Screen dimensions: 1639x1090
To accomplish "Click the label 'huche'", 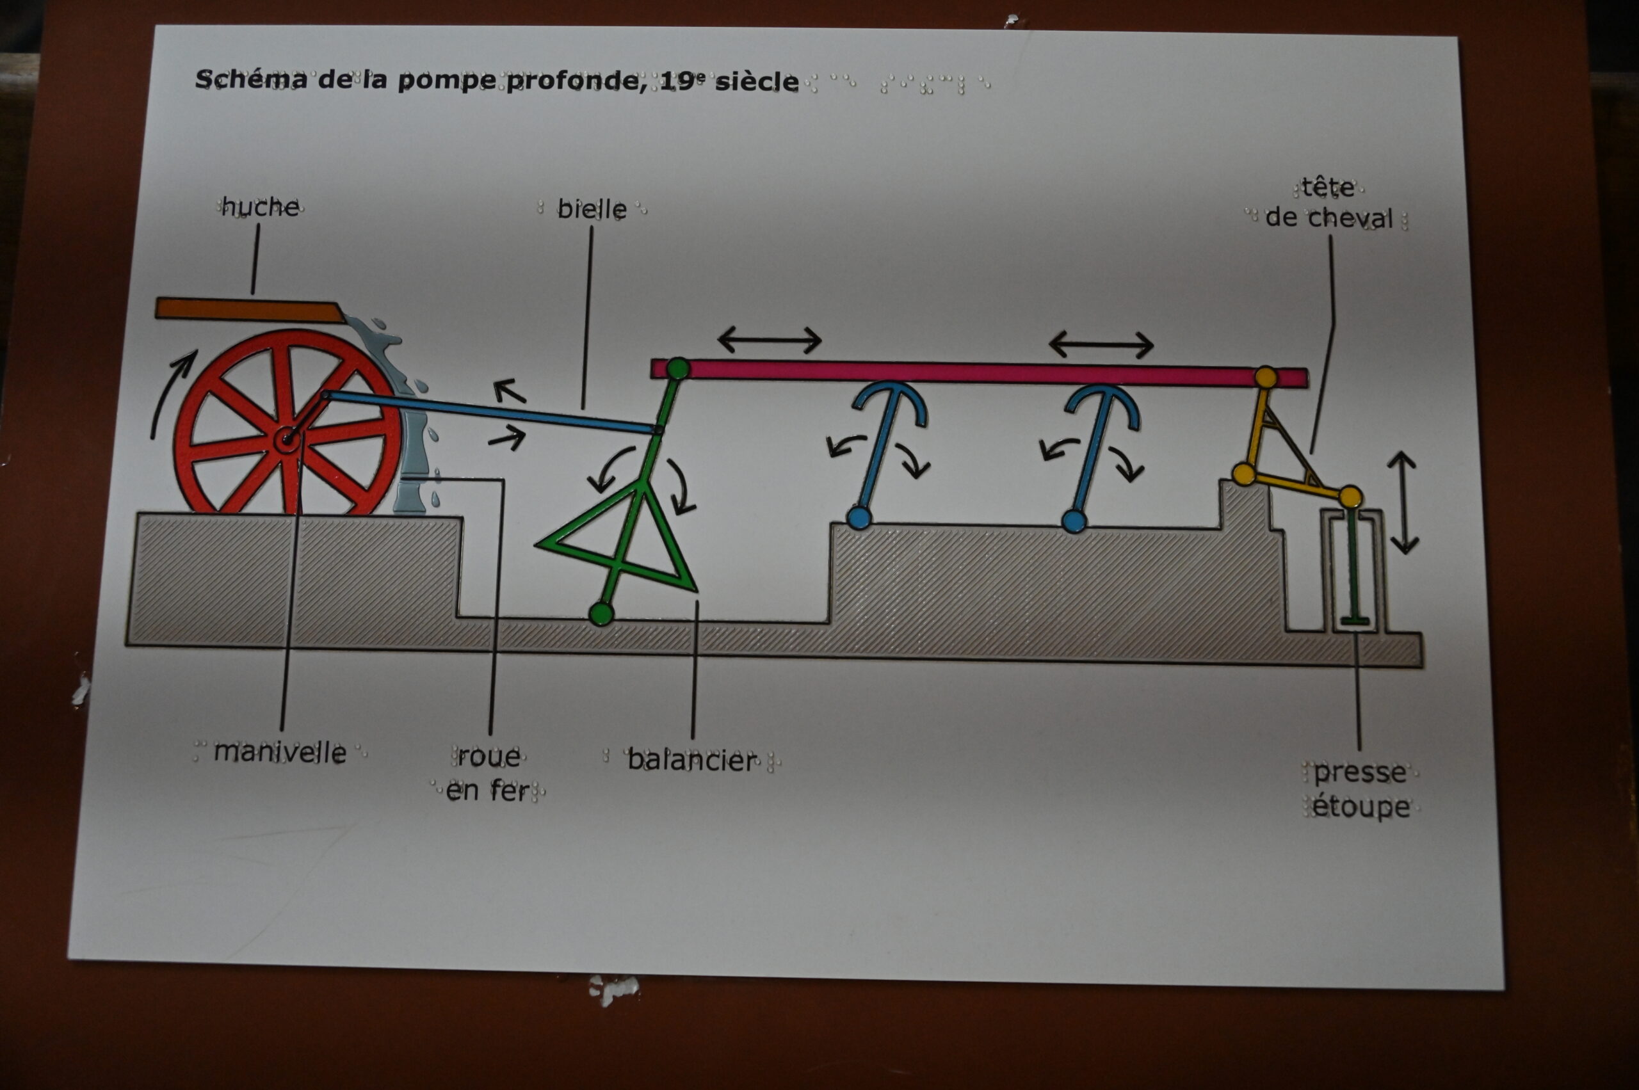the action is point(261,207).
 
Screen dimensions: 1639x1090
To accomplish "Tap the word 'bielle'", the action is point(592,209).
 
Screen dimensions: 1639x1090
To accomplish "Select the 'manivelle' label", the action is point(280,753).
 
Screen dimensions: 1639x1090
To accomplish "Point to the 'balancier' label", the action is point(691,760).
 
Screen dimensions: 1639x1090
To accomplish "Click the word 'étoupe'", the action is point(1361,807).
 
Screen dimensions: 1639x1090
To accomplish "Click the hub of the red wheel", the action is point(286,438).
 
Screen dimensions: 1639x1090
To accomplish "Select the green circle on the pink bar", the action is point(677,369).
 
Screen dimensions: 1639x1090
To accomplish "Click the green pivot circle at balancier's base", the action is point(601,614).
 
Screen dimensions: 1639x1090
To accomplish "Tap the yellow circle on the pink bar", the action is point(1266,378).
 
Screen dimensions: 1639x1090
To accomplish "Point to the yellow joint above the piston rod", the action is point(1349,496).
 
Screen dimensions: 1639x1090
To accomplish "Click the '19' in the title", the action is point(673,81).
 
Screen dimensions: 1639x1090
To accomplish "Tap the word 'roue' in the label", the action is point(489,757).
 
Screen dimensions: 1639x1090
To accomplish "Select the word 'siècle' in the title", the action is point(757,82).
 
